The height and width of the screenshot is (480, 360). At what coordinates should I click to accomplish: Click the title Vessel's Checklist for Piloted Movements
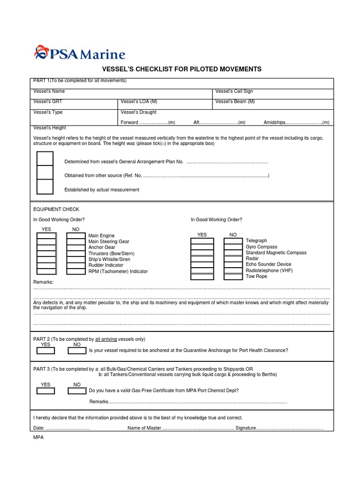[180, 69]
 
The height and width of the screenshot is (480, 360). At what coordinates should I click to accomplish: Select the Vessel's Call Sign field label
[234, 91]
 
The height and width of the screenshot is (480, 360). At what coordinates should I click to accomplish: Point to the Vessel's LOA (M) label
[139, 102]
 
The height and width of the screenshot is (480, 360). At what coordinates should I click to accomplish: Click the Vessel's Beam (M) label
[235, 102]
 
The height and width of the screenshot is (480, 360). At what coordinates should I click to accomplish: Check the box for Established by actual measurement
[45, 187]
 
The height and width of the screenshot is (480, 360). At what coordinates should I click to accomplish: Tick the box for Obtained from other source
[45, 172]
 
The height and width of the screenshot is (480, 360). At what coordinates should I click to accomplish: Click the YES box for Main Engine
[46, 236]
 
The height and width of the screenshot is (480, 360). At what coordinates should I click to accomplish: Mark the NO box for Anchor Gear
[75, 247]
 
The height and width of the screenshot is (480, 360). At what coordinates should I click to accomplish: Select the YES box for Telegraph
[202, 241]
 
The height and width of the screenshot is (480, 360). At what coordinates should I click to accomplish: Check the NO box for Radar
[233, 259]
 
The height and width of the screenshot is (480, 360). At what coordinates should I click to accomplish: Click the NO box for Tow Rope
[233, 277]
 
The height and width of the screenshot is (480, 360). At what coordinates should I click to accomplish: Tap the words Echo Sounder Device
[269, 264]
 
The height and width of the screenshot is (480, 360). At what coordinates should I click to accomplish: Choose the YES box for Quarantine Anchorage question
[45, 351]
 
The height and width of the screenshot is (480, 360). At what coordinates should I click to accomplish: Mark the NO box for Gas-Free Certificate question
[76, 390]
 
